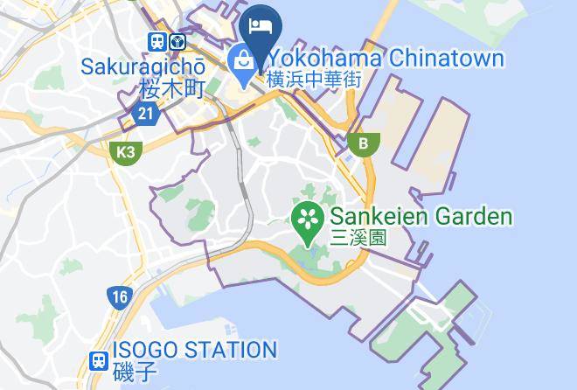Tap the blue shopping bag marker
click(241, 61)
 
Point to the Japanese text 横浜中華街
click(313, 79)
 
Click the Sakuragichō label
click(143, 66)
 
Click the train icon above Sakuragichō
click(157, 41)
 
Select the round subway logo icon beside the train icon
click(178, 41)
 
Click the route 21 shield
click(144, 114)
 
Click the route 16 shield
click(120, 296)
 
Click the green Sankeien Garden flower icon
click(308, 218)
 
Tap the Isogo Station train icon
click(99, 359)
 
